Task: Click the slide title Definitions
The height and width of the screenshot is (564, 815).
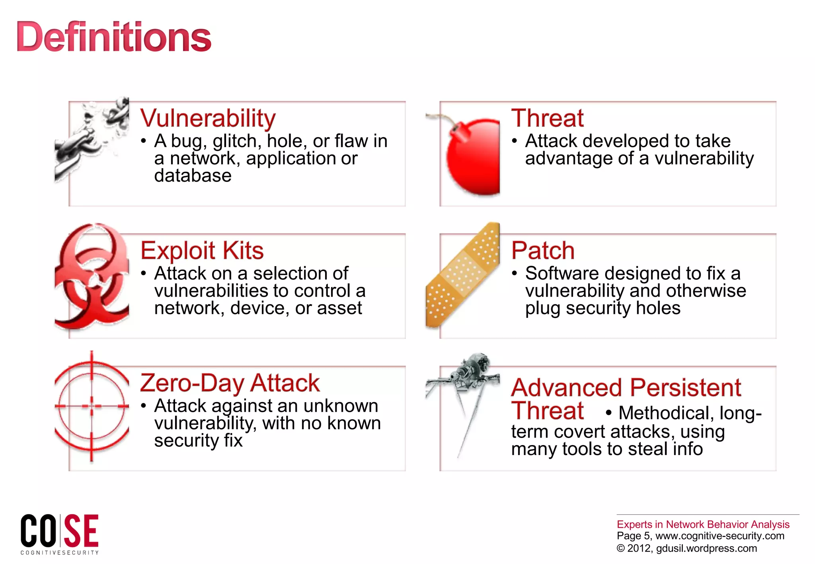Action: tap(114, 37)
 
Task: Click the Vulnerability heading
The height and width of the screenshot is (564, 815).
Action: tap(208, 118)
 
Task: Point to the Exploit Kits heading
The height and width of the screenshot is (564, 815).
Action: tap(202, 251)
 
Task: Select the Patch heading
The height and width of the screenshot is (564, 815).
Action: tap(543, 251)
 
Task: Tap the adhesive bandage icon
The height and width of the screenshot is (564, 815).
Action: tap(463, 274)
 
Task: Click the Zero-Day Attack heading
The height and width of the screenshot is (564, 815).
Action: tap(230, 383)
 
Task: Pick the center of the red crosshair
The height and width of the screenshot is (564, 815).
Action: tap(92, 406)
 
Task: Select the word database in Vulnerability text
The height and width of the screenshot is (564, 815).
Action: tap(193, 176)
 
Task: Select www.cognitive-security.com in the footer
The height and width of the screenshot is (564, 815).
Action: tap(719, 536)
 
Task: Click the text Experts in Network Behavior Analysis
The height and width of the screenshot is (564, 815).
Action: tap(703, 524)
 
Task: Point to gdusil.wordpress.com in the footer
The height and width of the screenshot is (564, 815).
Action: tap(706, 548)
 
